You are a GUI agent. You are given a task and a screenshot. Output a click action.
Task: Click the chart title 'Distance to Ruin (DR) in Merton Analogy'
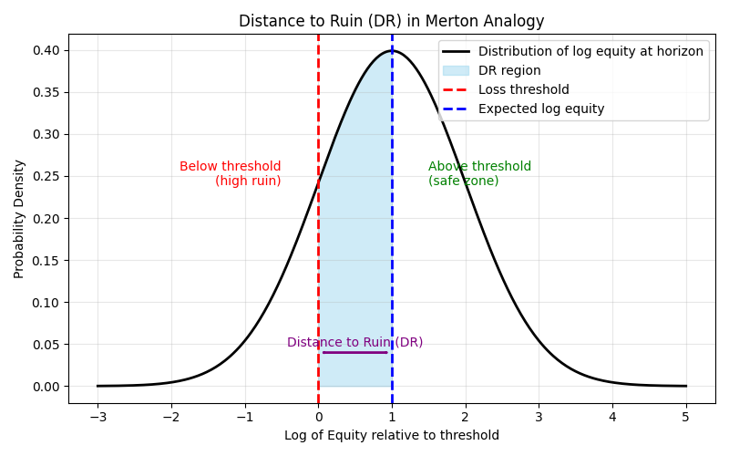click(392, 21)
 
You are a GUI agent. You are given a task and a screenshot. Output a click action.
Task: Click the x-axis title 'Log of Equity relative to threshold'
click(392, 435)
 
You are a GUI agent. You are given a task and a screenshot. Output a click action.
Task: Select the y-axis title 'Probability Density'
click(19, 219)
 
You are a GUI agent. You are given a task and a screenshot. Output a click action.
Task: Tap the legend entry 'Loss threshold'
click(523, 89)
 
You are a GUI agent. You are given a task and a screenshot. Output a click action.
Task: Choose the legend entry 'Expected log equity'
click(541, 109)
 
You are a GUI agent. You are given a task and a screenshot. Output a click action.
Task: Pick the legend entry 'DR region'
click(509, 70)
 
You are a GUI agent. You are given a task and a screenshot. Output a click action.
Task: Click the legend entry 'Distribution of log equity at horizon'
click(590, 51)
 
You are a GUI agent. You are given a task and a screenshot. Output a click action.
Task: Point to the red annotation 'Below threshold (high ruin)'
click(231, 173)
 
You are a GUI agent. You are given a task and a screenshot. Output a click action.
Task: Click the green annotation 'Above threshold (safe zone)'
click(479, 173)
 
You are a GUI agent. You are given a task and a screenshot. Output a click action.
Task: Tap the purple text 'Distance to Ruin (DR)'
click(354, 342)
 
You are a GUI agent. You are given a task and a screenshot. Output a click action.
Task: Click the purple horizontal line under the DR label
click(354, 352)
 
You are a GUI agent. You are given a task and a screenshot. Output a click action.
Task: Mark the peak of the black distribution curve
click(392, 51)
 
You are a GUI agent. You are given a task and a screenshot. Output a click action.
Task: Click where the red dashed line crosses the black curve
click(318, 183)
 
